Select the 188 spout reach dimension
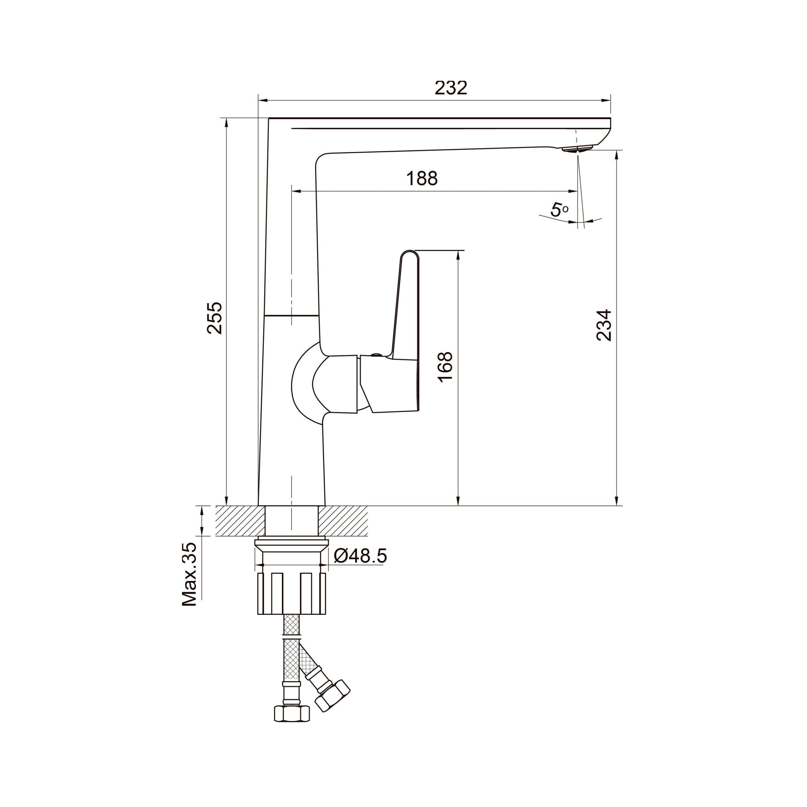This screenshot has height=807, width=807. coord(422,178)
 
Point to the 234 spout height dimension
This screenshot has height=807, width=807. coord(604,325)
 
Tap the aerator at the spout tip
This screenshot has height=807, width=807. coord(578,149)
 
